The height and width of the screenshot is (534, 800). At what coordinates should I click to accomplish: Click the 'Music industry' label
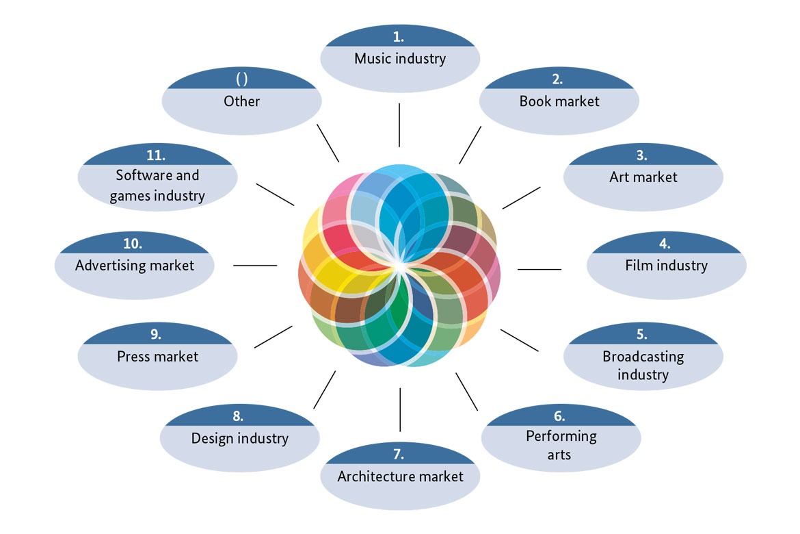click(x=400, y=58)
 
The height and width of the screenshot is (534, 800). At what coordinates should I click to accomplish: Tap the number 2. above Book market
click(x=558, y=79)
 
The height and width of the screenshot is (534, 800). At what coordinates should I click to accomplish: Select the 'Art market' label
click(x=643, y=177)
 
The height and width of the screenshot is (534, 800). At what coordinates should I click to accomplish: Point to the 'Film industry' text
click(x=666, y=265)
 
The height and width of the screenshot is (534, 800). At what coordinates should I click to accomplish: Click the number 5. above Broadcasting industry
click(x=641, y=334)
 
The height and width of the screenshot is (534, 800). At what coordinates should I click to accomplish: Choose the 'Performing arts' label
click(x=561, y=444)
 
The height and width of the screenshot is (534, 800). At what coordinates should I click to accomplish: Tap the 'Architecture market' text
click(x=400, y=476)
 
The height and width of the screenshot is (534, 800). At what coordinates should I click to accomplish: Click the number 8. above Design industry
click(x=238, y=416)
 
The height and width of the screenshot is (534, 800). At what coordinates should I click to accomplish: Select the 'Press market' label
click(x=157, y=356)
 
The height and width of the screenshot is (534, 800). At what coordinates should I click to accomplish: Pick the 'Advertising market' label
click(x=135, y=265)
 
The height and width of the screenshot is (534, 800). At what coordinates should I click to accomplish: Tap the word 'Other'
click(x=241, y=101)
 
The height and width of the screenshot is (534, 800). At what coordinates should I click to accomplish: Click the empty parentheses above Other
click(x=241, y=79)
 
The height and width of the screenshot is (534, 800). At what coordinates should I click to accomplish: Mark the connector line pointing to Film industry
click(x=539, y=269)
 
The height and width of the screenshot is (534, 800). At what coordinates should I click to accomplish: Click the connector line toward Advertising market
click(x=255, y=265)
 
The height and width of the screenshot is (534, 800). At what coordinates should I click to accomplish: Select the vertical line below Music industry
click(x=399, y=125)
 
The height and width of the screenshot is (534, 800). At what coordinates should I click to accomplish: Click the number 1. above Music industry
click(x=399, y=38)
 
